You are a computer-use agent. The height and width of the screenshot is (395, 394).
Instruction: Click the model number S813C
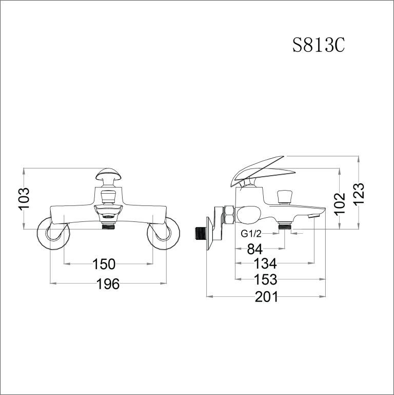318,46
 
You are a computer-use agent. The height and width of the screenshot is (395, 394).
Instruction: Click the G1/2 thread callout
252,234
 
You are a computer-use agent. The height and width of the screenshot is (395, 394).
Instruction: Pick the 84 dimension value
254,249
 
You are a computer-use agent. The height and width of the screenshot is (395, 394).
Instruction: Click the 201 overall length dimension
266,296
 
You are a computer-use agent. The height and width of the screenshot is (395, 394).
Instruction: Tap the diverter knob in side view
284,196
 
